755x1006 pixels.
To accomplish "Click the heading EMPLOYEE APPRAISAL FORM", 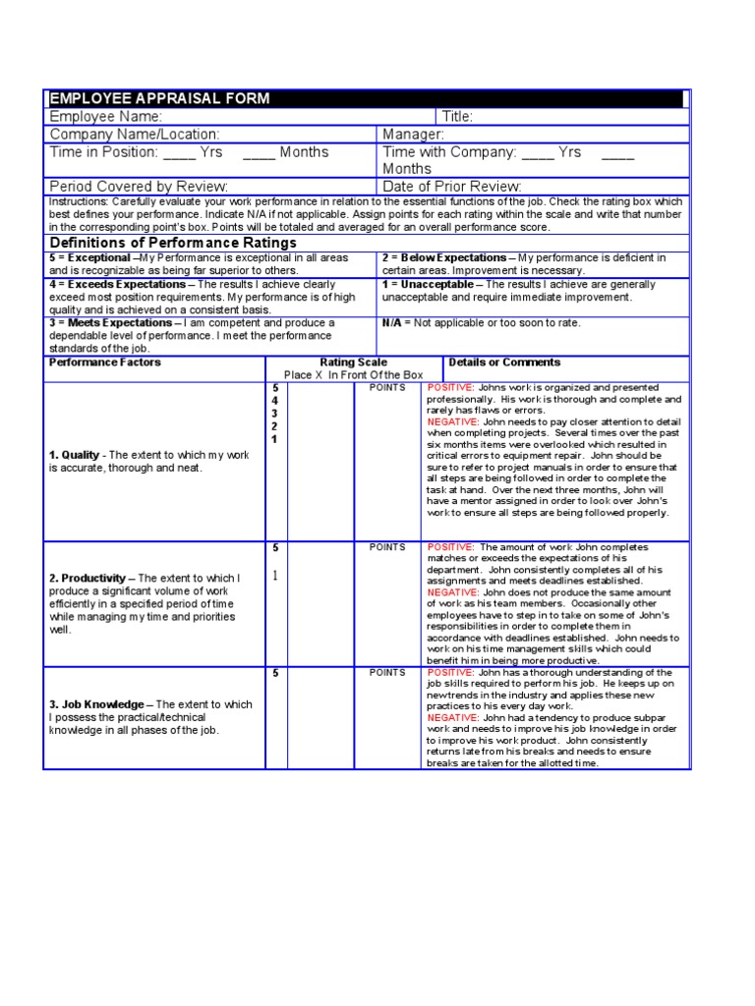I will pyautogui.click(x=159, y=99).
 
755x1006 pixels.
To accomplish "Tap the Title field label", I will pyautogui.click(x=458, y=117).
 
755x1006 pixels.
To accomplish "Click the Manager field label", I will pyautogui.click(x=414, y=135).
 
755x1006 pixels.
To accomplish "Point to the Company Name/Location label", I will pyautogui.click(x=135, y=135).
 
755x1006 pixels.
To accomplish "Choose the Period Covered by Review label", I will pyautogui.click(x=139, y=187).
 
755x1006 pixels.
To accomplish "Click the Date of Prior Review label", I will pyautogui.click(x=452, y=187).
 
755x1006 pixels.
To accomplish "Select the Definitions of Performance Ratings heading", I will pyautogui.click(x=173, y=243).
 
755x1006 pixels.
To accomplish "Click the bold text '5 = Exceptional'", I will pyautogui.click(x=89, y=257).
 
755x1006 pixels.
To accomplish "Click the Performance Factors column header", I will pyautogui.click(x=105, y=362).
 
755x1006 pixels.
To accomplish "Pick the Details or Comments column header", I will pyautogui.click(x=504, y=362).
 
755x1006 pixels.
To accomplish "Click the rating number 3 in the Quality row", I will pyautogui.click(x=274, y=414).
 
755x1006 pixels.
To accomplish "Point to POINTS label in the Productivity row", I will pyautogui.click(x=387, y=547).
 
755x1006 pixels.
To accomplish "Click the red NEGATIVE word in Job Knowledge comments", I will pyautogui.click(x=452, y=718).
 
